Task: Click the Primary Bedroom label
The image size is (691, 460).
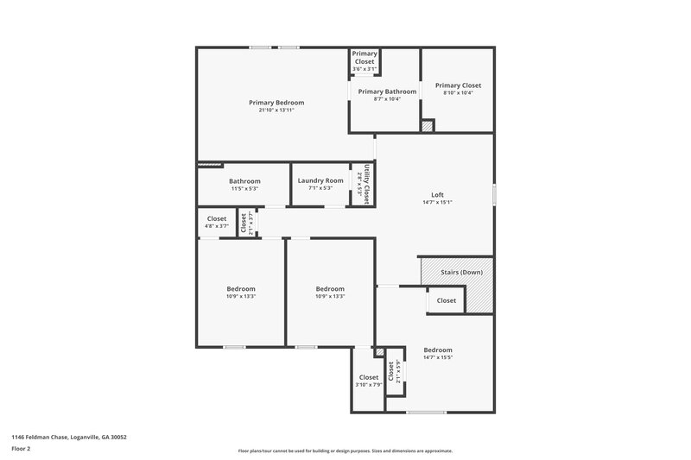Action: (x=276, y=103)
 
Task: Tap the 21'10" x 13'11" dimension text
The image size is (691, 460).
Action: (x=276, y=110)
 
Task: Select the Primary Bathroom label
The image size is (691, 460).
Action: (x=387, y=91)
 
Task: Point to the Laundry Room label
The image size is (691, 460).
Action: (x=320, y=180)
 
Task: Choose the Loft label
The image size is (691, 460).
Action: (x=437, y=194)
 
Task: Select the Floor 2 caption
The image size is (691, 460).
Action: (x=21, y=449)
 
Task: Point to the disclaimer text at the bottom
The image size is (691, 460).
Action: (x=345, y=451)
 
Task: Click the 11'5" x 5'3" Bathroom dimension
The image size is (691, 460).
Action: (x=244, y=188)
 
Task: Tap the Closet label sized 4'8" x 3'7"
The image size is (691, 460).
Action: (x=216, y=218)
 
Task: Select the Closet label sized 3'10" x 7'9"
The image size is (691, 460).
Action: (x=369, y=377)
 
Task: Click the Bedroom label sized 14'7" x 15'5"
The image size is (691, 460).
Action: (x=438, y=350)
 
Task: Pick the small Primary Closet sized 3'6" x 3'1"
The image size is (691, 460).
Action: (x=365, y=57)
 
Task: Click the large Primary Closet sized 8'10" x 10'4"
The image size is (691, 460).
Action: (x=458, y=85)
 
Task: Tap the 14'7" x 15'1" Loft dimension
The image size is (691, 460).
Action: (x=437, y=202)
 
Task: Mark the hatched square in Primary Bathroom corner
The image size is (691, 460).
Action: (x=427, y=126)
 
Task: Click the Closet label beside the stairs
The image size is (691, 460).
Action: (x=447, y=300)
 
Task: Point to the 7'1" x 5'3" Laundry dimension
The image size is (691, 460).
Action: (x=320, y=188)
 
